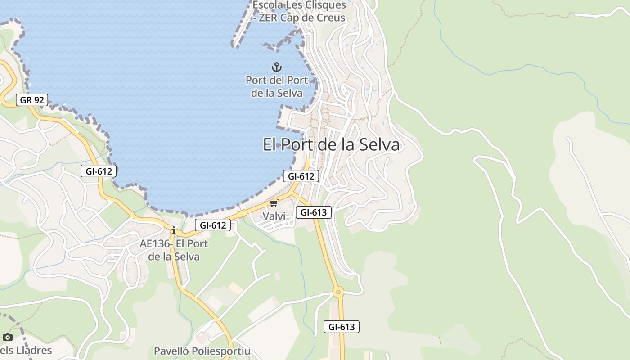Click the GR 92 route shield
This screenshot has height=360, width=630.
(32, 100)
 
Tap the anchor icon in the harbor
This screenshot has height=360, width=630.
(276, 67)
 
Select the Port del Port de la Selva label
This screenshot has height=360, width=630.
(277, 86)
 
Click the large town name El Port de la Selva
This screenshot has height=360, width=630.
(331, 144)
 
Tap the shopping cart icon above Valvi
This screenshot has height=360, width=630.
(274, 203)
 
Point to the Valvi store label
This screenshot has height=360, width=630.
(274, 216)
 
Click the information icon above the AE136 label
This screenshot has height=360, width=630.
(174, 231)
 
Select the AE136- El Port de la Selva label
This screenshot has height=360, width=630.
(174, 250)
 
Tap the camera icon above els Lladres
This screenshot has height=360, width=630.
(7, 337)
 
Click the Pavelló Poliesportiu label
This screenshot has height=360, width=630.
(202, 351)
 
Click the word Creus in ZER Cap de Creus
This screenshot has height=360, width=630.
(330, 18)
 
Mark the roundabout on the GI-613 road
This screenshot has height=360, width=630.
(338, 292)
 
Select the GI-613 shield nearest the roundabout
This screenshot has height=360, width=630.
(342, 327)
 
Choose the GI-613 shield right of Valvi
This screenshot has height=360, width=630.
(313, 212)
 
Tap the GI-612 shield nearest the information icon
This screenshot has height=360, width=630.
(212, 225)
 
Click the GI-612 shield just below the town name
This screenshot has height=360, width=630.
(301, 176)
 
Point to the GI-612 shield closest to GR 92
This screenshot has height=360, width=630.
(99, 171)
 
